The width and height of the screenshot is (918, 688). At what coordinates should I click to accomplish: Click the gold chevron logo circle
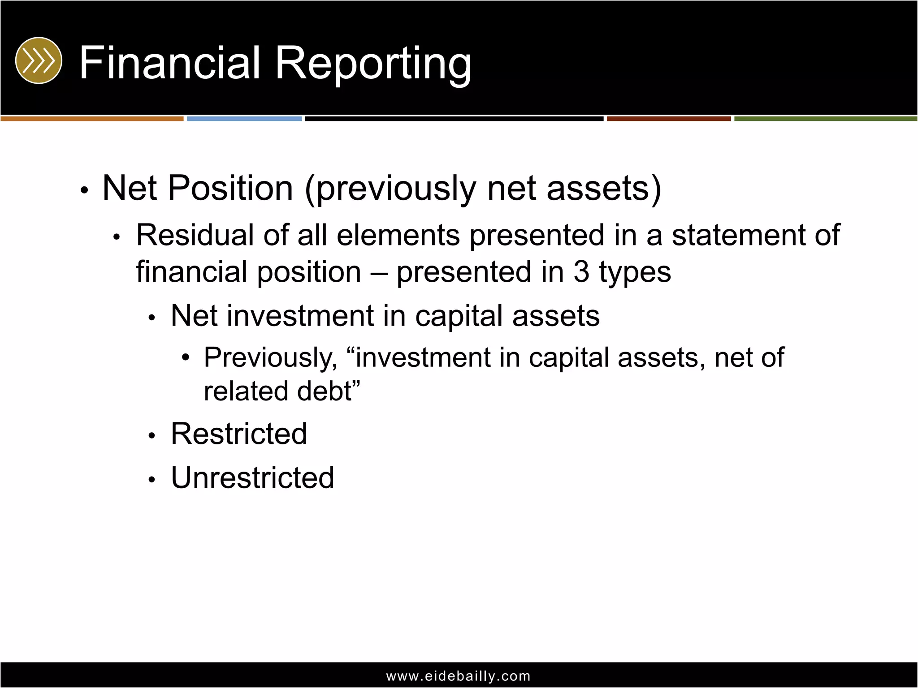(39, 60)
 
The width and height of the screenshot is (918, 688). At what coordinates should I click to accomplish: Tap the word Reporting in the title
(373, 64)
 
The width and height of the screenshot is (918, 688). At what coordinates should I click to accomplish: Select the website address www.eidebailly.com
(458, 676)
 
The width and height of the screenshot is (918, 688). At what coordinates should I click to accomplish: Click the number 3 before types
(581, 272)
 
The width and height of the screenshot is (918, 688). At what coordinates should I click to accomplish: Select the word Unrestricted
(252, 477)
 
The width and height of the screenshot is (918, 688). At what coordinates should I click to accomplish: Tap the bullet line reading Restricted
(239, 434)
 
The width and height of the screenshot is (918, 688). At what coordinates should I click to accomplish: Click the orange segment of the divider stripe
(92, 119)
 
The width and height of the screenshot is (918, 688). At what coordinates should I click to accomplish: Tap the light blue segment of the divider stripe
(244, 119)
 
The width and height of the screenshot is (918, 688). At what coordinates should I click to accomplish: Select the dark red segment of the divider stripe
(668, 119)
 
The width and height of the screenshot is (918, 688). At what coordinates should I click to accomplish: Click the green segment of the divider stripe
(825, 119)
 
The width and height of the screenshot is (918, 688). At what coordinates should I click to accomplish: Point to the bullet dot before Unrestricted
(152, 480)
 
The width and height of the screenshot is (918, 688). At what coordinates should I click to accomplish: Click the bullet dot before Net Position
(84, 190)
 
